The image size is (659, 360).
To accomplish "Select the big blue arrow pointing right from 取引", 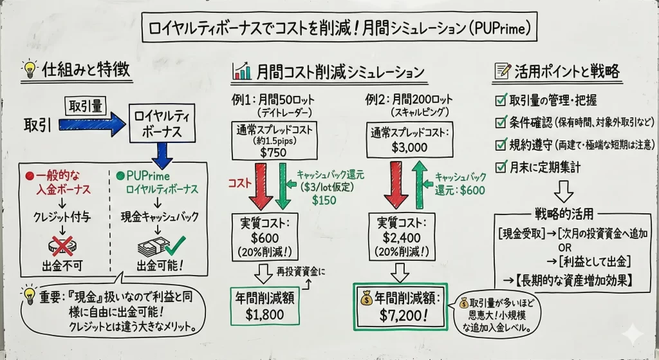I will [x=93, y=124].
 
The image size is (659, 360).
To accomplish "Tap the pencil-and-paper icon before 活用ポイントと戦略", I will [x=501, y=70].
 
